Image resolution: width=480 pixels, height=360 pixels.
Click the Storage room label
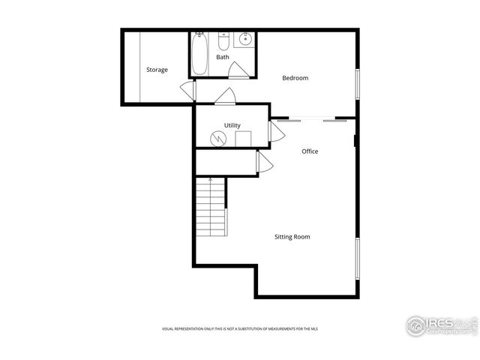(157, 70)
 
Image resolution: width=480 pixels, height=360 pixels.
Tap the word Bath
(223, 57)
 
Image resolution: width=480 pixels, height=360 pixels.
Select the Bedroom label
(295, 78)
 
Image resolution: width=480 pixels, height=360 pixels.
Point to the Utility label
(232, 125)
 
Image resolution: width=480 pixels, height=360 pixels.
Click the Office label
(310, 151)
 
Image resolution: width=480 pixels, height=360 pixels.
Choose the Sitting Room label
(292, 237)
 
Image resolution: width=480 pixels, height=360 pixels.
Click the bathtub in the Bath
(200, 54)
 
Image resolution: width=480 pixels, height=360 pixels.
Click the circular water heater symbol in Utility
(217, 138)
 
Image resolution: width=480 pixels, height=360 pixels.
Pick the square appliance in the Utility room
(242, 139)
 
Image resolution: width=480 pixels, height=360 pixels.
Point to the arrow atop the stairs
(211, 180)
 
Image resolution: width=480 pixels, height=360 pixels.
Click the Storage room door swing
(187, 89)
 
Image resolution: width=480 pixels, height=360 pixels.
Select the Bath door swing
(239, 72)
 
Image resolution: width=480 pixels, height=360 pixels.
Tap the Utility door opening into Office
(276, 133)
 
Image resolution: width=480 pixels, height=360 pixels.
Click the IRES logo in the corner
(440, 325)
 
